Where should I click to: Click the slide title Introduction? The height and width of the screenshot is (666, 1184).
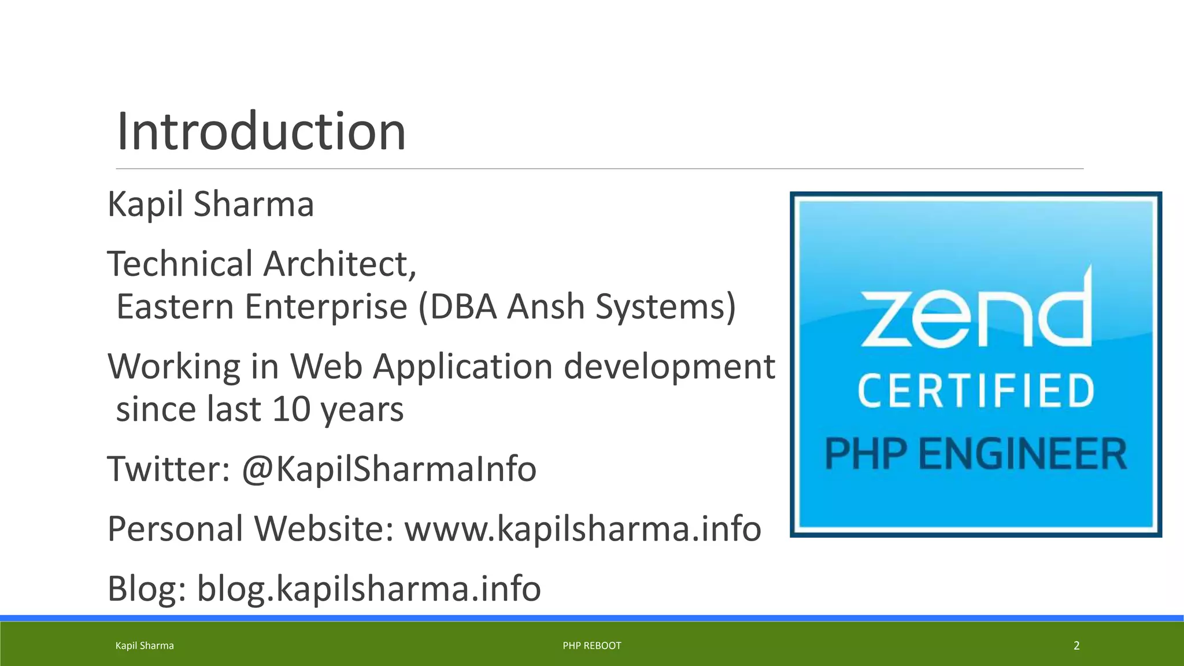click(x=261, y=132)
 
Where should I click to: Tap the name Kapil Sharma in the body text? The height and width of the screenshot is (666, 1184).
click(x=210, y=205)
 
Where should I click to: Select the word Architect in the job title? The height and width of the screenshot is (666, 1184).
click(x=339, y=264)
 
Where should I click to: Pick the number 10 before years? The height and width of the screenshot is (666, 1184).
click(x=291, y=409)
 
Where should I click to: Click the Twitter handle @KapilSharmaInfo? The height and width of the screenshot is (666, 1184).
click(x=389, y=469)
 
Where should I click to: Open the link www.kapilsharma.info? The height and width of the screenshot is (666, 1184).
click(x=582, y=529)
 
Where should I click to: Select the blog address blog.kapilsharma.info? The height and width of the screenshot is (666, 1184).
click(x=369, y=589)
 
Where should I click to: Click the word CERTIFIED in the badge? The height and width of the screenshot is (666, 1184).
click(x=976, y=391)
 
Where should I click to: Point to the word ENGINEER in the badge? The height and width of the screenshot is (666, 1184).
click(x=1022, y=454)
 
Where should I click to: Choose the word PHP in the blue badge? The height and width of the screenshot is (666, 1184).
click(x=865, y=454)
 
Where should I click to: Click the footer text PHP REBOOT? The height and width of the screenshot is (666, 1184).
click(x=592, y=646)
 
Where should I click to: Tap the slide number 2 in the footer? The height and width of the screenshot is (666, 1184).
click(x=1076, y=646)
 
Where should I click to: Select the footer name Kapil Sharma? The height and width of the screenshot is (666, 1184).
click(x=145, y=646)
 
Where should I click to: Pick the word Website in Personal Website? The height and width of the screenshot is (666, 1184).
click(x=324, y=529)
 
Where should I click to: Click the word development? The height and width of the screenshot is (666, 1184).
click(x=669, y=367)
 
